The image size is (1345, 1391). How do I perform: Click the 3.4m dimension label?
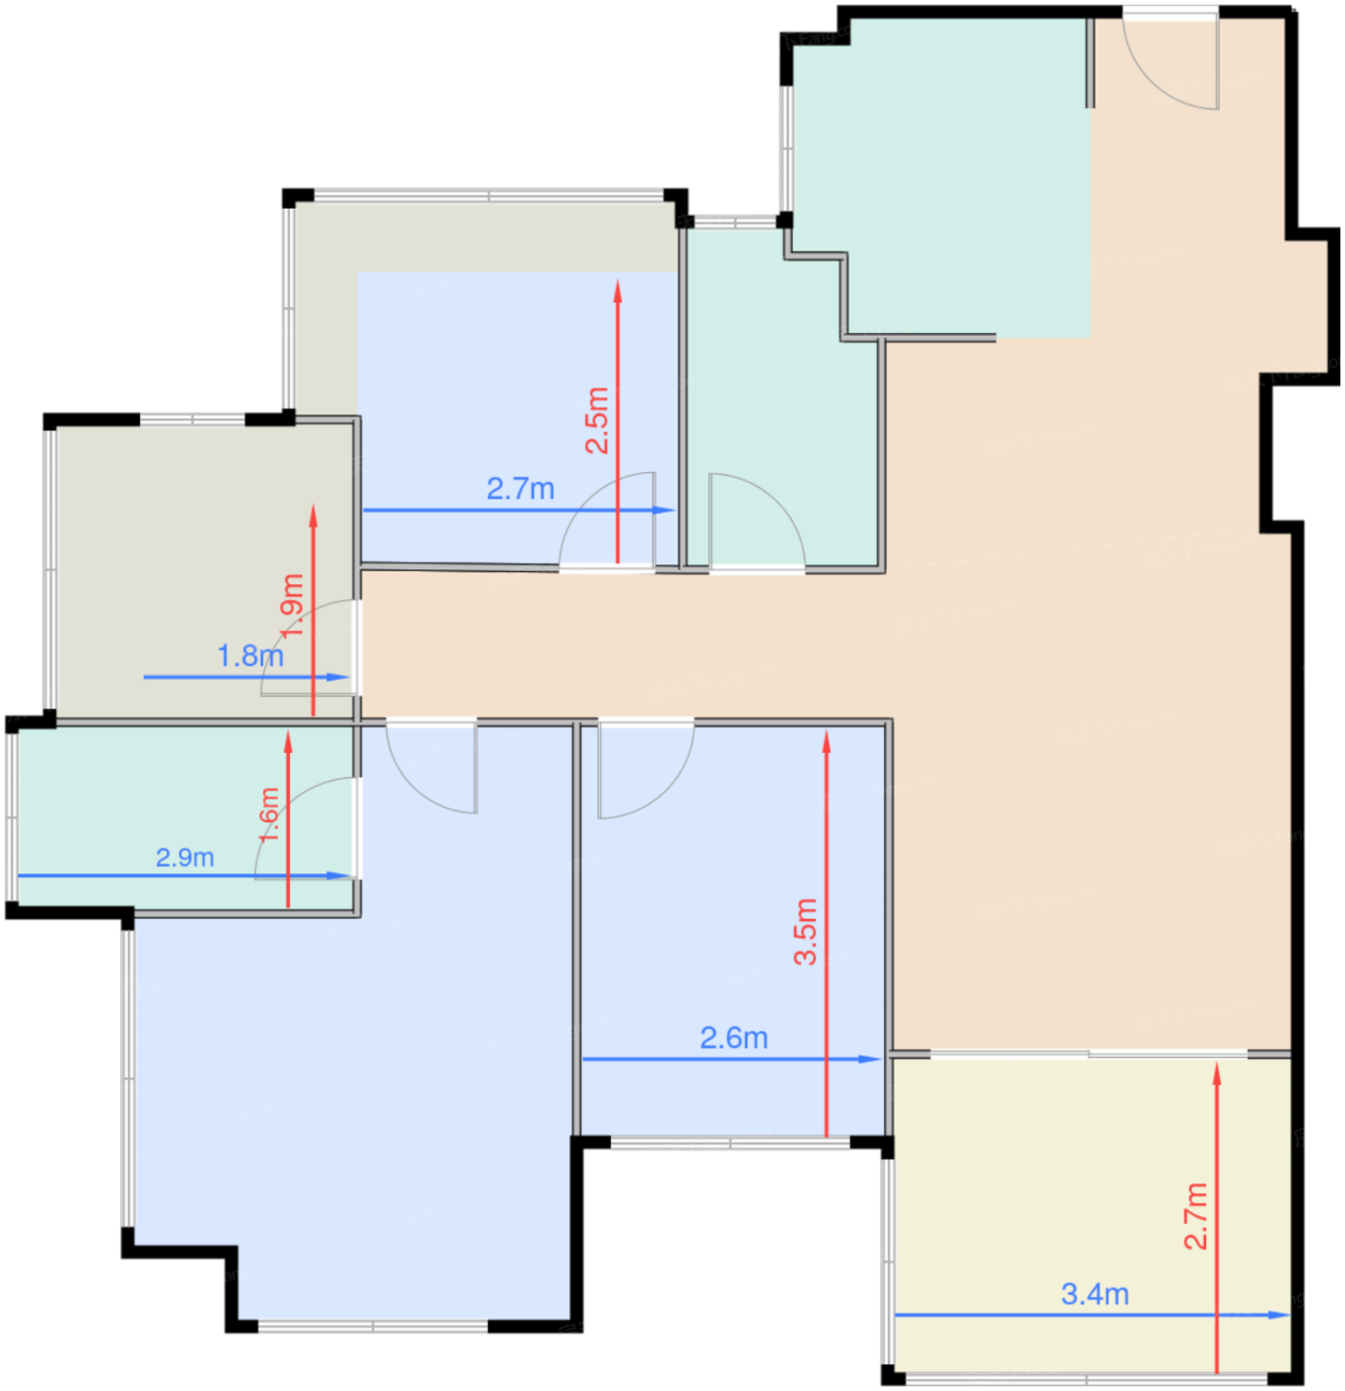point(1094,1293)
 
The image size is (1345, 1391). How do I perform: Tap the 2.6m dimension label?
point(733,1037)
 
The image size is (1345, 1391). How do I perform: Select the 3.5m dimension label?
point(806,931)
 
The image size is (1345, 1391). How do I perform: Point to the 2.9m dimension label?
point(185,857)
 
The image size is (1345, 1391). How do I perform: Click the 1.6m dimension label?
point(268,814)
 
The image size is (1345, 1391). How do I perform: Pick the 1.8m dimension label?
point(249,656)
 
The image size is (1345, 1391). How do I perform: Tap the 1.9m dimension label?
point(292,605)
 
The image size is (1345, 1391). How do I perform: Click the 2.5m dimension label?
point(597,420)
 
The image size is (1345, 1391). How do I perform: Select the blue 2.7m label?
point(521,489)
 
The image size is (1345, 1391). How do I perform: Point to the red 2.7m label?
point(1196,1216)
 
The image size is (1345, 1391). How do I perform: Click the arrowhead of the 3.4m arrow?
point(1279,1314)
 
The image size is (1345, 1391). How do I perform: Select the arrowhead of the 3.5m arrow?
point(826,742)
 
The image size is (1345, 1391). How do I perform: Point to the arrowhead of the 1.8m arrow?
point(338,677)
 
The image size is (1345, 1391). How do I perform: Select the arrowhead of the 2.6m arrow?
point(868,1059)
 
